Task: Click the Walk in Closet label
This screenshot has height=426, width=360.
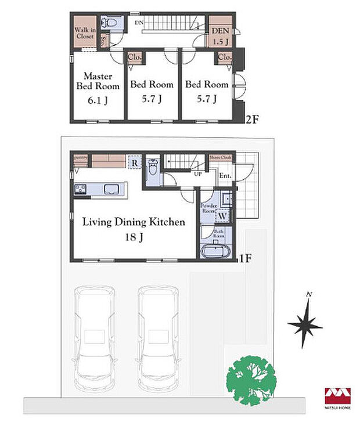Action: [85, 33]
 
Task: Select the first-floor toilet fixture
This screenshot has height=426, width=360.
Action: [152, 167]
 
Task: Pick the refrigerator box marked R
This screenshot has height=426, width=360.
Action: [134, 162]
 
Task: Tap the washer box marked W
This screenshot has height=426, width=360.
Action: [224, 215]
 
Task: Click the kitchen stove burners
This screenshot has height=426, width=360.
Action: [81, 189]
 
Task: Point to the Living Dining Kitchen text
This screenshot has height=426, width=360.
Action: [133, 222]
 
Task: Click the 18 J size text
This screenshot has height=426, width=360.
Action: [133, 237]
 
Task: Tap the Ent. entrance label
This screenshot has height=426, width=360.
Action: [225, 175]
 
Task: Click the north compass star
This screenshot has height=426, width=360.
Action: [305, 325]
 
